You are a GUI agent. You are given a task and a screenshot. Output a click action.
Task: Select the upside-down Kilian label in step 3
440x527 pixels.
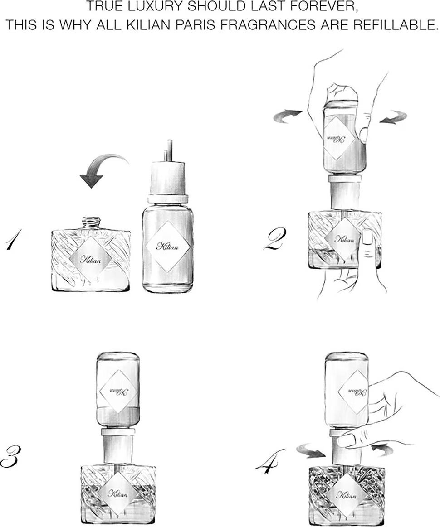pos(119,391)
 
